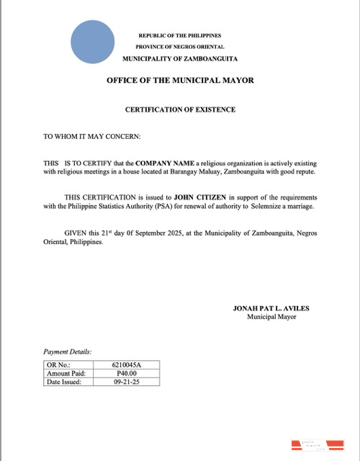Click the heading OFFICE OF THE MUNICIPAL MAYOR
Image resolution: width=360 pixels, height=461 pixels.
pyautogui.click(x=180, y=80)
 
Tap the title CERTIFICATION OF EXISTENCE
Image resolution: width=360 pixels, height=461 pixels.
pyautogui.click(x=180, y=109)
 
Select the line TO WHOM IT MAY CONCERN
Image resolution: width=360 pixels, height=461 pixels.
pyautogui.click(x=92, y=136)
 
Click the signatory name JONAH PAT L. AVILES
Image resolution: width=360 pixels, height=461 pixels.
pyautogui.click(x=271, y=308)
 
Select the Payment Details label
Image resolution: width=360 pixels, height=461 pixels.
pyautogui.click(x=68, y=352)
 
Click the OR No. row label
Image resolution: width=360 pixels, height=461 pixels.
pyautogui.click(x=57, y=365)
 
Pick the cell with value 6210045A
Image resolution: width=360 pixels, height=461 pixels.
pyautogui.click(x=127, y=365)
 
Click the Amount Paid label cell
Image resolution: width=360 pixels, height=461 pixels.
pyautogui.click(x=66, y=374)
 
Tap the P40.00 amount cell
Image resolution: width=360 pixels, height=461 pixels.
pyautogui.click(x=127, y=374)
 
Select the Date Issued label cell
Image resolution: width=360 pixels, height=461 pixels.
pyautogui.click(x=64, y=382)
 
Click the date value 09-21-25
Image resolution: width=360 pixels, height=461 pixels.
pyautogui.click(x=127, y=382)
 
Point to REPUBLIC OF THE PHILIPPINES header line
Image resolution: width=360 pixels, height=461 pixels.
pyautogui.click(x=180, y=35)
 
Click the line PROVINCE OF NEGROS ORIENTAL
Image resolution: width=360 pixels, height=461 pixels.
pyautogui.click(x=180, y=46)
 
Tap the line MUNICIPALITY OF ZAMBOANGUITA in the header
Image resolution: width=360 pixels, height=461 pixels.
pyautogui.click(x=180, y=58)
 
